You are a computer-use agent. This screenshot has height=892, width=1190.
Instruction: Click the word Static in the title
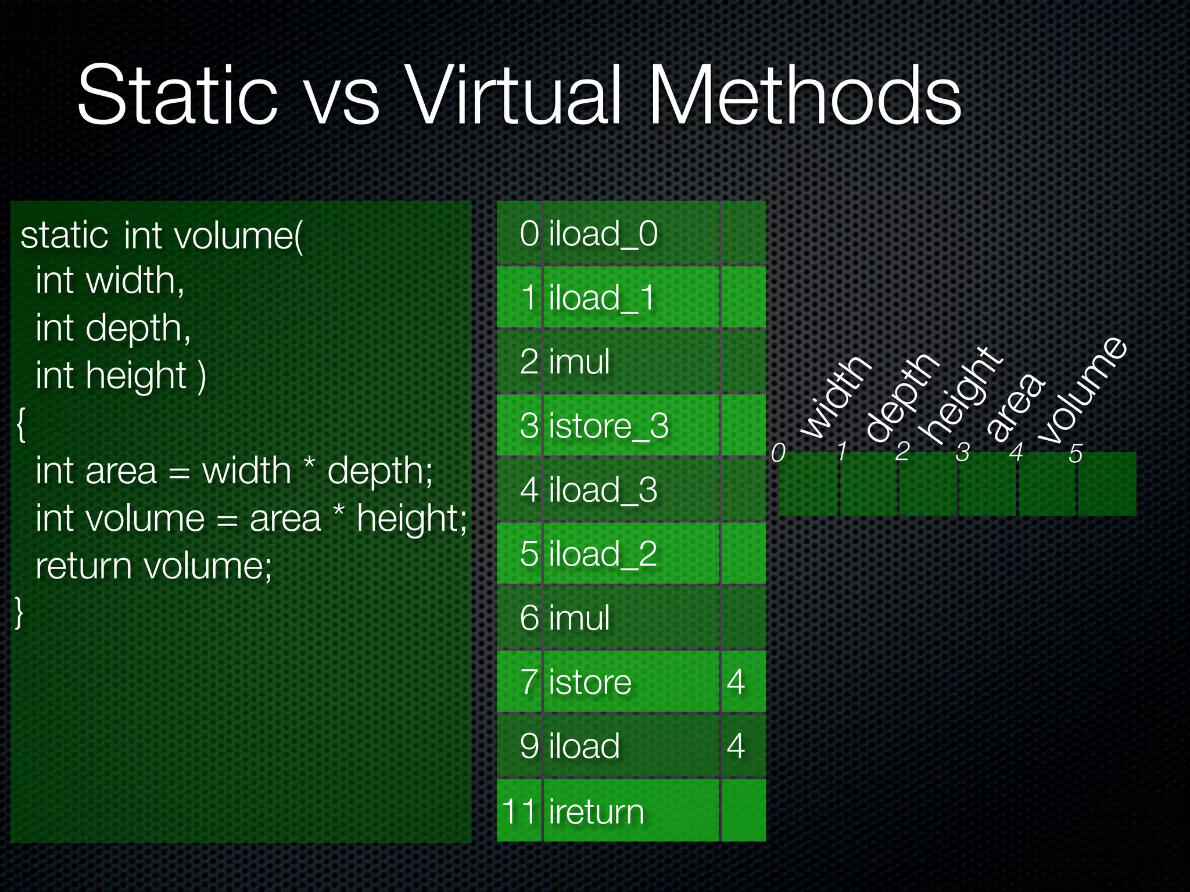tap(177, 96)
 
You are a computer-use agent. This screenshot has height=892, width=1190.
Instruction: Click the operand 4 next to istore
tap(736, 682)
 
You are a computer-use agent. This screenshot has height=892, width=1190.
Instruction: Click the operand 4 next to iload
tap(736, 746)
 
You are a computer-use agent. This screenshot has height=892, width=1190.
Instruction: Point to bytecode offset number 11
tap(519, 811)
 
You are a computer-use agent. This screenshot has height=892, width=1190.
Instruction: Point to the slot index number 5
tap(1076, 454)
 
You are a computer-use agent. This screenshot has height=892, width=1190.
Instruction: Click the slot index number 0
tap(778, 452)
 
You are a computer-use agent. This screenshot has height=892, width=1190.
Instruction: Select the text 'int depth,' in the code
tap(113, 329)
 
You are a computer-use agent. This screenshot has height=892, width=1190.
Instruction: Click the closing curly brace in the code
tap(19, 612)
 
